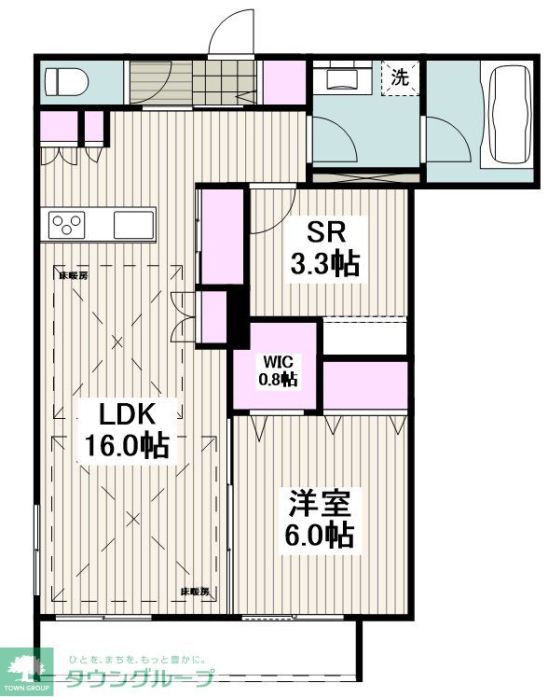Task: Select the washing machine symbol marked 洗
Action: pyautogui.click(x=400, y=78)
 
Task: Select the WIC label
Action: pyautogui.click(x=278, y=360)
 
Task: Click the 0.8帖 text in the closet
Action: pyautogui.click(x=278, y=379)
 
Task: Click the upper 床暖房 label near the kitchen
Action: pyautogui.click(x=73, y=275)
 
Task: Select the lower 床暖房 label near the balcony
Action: pyautogui.click(x=194, y=592)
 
